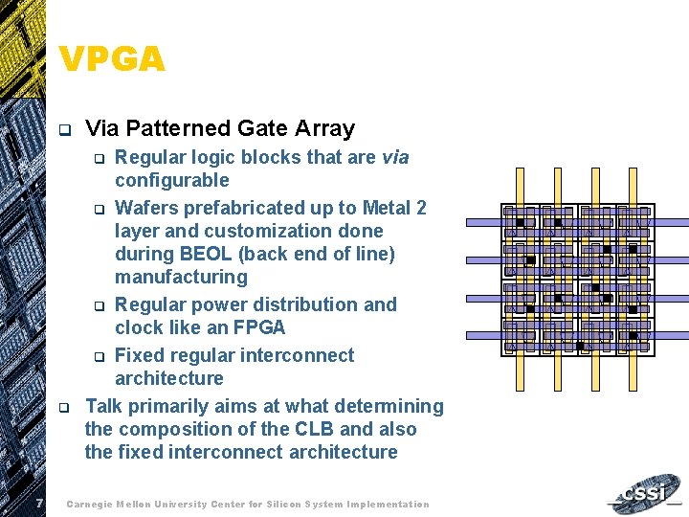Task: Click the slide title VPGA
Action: click(112, 59)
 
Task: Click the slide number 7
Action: click(34, 504)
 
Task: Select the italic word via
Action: click(395, 157)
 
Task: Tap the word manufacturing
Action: click(181, 277)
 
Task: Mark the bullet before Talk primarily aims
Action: click(63, 408)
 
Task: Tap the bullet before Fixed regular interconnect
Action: click(97, 357)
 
